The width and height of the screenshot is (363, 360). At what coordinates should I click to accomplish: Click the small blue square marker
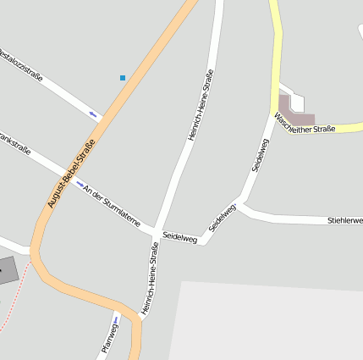coord(123,78)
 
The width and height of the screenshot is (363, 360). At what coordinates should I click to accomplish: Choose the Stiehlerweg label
coord(345,220)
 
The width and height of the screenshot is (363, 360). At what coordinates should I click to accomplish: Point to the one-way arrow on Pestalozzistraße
coord(93,114)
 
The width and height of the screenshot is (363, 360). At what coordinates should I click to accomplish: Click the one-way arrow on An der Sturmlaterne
coord(80,183)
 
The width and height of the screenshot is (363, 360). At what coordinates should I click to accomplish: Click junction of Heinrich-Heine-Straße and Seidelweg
coord(155,231)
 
